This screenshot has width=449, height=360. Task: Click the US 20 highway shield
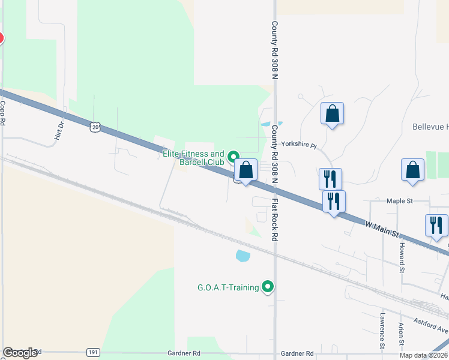(x=95, y=127)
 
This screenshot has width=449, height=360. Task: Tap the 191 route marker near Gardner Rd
(x=93, y=353)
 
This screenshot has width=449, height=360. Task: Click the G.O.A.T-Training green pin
(x=268, y=287)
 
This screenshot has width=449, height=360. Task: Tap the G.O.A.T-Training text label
(x=228, y=287)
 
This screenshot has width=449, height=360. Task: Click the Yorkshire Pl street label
(x=298, y=145)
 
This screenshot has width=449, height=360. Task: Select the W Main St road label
(x=382, y=228)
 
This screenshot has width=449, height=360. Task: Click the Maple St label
(x=400, y=201)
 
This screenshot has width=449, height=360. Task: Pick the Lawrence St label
(x=382, y=330)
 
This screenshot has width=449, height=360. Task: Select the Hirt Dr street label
(x=59, y=130)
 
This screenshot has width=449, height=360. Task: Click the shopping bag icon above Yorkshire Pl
(x=332, y=114)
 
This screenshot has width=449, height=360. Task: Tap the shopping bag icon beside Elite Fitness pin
(x=246, y=170)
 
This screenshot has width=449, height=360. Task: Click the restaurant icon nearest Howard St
(x=436, y=225)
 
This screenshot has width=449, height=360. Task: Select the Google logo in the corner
(x=20, y=353)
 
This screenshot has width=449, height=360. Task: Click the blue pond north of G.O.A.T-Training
(x=243, y=256)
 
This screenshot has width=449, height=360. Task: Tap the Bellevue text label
(x=430, y=127)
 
